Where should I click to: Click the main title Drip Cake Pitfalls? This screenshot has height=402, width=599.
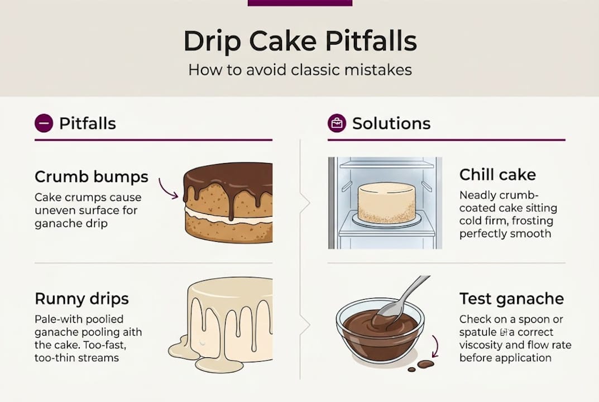tap(299, 42)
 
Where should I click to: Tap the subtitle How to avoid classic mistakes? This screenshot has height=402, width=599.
tap(299, 70)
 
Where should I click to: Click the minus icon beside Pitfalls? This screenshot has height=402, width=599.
tap(44, 123)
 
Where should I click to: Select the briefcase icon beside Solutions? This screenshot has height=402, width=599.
tap(337, 123)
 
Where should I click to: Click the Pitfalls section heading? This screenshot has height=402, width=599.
tap(87, 123)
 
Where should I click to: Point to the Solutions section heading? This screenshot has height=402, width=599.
tap(391, 123)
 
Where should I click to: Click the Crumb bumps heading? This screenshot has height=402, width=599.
tap(92, 177)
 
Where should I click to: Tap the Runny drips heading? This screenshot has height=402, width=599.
tap(82, 298)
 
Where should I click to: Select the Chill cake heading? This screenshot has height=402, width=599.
tap(497, 174)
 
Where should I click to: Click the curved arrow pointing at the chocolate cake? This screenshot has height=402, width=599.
tap(169, 188)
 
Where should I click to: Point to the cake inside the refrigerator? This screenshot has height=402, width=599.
tap(386, 202)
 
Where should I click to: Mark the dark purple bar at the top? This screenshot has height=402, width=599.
tap(299, 3)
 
